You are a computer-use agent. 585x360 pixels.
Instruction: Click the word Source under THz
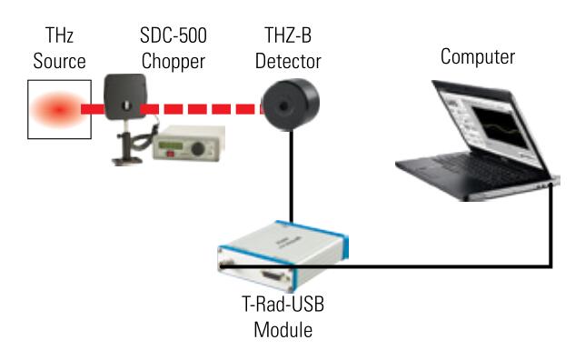pyautogui.click(x=59, y=61)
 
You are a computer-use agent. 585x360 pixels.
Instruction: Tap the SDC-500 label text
pyautogui.click(x=174, y=35)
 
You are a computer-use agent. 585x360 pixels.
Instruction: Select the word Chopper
pyautogui.click(x=174, y=62)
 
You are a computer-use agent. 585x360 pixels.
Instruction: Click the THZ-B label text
pyautogui.click(x=288, y=35)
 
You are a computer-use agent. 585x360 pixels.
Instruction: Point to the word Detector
pyautogui.click(x=288, y=61)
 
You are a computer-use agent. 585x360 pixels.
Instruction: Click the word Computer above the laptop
pyautogui.click(x=478, y=57)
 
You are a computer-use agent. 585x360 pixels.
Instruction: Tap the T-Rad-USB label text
pyautogui.click(x=283, y=304)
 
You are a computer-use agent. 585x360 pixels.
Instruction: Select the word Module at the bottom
pyautogui.click(x=283, y=330)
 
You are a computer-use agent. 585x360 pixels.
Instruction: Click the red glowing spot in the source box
pyautogui.click(x=58, y=109)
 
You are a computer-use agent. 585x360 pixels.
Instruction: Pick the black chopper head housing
pyautogui.click(x=125, y=96)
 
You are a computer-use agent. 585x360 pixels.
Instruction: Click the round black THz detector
pyautogui.click(x=291, y=105)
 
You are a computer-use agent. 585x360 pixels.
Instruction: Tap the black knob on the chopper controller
pyautogui.click(x=197, y=149)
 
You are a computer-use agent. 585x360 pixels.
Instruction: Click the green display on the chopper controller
pyautogui.click(x=171, y=145)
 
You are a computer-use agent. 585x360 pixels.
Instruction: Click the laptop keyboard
pyautogui.click(x=481, y=170)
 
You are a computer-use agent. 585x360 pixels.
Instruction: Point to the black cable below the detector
pyautogui.click(x=292, y=175)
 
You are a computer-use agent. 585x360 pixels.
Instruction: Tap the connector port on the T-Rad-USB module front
pyautogui.click(x=273, y=276)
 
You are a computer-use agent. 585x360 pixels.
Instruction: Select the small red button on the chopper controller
pyautogui.click(x=170, y=154)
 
